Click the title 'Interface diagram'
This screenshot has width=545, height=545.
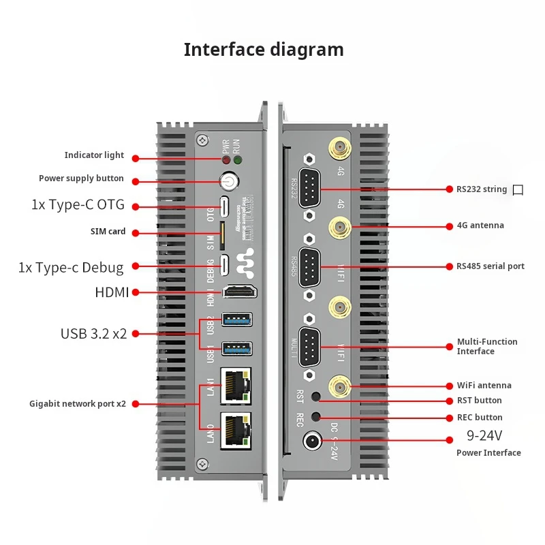pos(264,50)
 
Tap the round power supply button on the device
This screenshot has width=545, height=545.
pos(228,182)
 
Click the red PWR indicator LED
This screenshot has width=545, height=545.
pos(225,160)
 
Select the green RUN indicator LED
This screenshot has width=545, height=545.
pos(237,160)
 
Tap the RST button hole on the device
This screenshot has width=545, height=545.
pos(315,396)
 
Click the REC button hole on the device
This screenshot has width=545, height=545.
pos(315,416)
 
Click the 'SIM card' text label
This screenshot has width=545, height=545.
pos(108,232)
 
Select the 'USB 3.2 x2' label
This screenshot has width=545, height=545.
pos(94,334)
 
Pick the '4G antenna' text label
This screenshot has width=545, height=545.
pos(480,225)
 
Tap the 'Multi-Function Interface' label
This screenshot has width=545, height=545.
pos(486,346)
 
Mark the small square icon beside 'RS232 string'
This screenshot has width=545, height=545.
pos(518,190)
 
